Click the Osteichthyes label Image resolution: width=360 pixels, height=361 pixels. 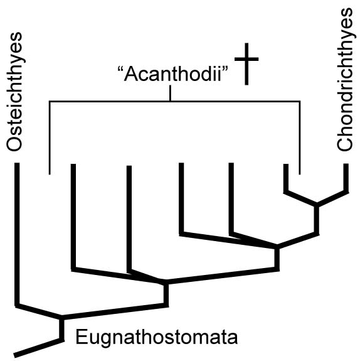point(14,92)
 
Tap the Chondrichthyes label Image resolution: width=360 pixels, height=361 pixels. point(345,80)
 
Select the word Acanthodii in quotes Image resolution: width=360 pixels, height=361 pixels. point(172,74)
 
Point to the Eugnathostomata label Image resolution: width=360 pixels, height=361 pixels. point(156,337)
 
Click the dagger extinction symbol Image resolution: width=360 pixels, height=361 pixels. point(246,64)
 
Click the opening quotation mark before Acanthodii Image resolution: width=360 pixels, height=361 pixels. point(120,69)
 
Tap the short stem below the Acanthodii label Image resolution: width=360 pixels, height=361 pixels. point(170,93)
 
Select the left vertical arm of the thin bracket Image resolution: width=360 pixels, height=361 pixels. point(50,137)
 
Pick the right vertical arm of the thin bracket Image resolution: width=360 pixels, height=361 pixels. point(299,137)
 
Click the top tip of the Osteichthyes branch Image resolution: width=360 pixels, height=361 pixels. point(17,163)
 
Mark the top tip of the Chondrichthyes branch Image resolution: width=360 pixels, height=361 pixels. point(346,164)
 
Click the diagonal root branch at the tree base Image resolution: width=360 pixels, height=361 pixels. point(39,348)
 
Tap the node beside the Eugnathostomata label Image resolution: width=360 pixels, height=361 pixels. point(61,318)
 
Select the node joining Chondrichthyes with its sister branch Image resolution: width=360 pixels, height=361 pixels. point(317,205)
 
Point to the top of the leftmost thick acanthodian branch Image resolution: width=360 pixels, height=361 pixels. point(73,164)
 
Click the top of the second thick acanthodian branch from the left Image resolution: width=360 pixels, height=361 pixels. point(129,166)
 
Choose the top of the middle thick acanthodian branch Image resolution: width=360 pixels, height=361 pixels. point(181,163)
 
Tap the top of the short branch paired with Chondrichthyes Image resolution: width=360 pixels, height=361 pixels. point(286,164)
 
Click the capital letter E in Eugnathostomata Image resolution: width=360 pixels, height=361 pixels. point(81,337)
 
